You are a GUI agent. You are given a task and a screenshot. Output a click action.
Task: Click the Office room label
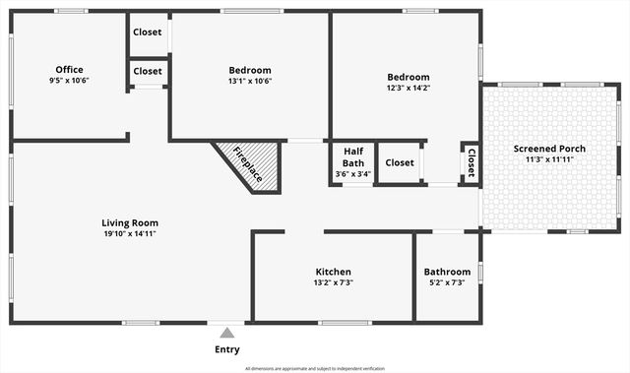(69, 69)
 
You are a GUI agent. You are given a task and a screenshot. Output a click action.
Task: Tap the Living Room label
(130, 222)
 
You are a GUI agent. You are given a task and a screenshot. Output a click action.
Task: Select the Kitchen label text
(333, 272)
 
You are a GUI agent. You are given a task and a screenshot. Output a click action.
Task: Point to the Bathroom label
(447, 272)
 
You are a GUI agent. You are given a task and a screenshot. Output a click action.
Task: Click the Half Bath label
(353, 157)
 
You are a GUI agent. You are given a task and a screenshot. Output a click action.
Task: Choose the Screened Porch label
(549, 149)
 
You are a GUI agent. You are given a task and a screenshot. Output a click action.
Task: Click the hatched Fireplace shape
(249, 164)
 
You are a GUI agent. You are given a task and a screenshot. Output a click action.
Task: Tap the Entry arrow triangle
(227, 333)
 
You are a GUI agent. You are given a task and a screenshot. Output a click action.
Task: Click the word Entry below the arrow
(226, 349)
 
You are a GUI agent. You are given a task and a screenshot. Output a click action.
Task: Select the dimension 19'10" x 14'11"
(130, 234)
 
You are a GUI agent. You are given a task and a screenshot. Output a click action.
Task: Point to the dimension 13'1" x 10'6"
(250, 82)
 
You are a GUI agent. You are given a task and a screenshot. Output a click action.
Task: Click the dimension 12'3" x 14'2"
(408, 89)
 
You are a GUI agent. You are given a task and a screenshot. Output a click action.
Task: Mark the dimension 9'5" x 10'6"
(69, 81)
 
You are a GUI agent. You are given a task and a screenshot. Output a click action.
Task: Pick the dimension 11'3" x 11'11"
(549, 160)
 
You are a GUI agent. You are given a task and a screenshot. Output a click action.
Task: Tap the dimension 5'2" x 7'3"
(447, 283)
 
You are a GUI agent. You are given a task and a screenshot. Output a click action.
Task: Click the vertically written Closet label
(471, 162)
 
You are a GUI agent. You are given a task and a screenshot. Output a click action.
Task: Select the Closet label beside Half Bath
(400, 162)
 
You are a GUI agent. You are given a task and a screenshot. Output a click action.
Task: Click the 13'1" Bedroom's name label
(250, 70)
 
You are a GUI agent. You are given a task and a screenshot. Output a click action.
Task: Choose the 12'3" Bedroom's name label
(408, 77)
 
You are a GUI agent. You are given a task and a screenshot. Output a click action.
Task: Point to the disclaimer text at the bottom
(315, 368)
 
